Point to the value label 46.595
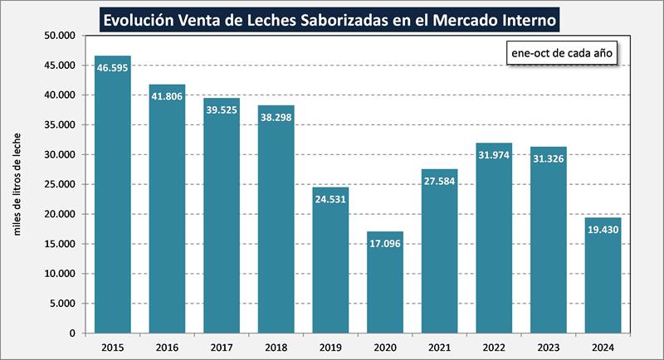click(x=113, y=68)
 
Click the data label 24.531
click(x=330, y=200)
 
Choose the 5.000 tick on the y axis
click(x=61, y=304)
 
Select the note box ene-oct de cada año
click(x=559, y=52)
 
